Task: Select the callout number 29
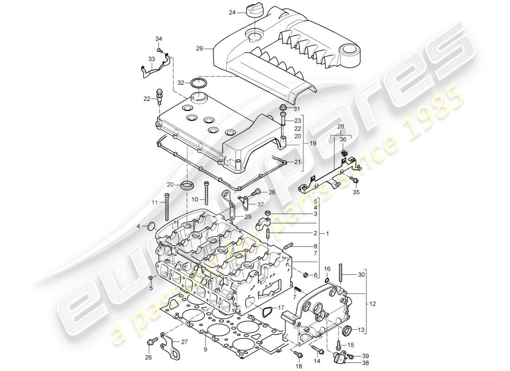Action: (x=200, y=48)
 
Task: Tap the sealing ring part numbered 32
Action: (x=199, y=83)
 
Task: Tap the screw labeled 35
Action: (x=355, y=180)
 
